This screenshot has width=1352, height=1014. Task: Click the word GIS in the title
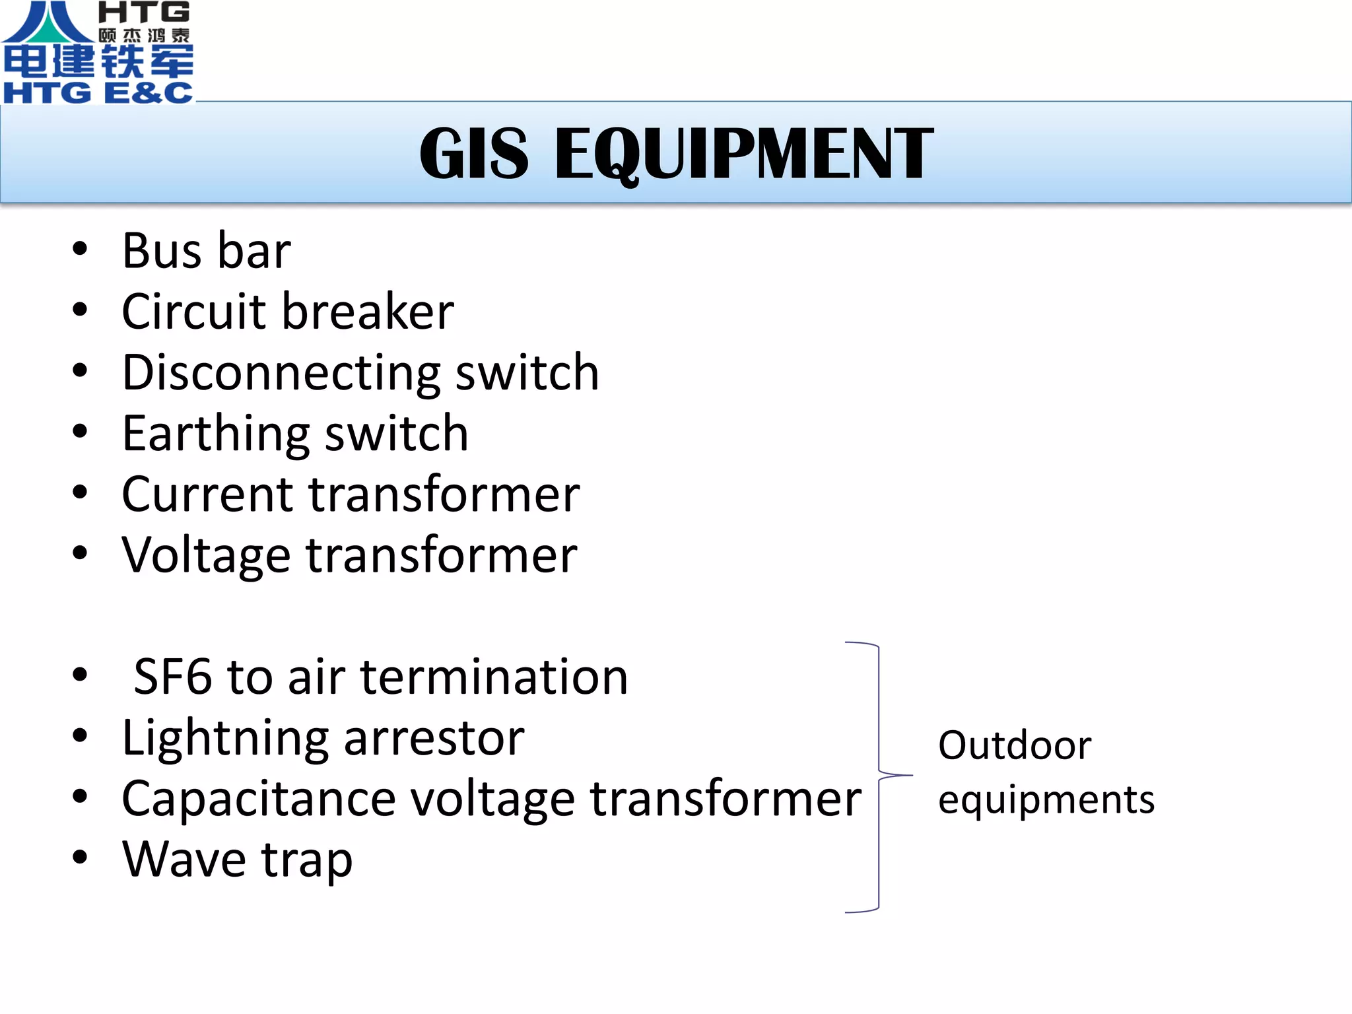coord(473,154)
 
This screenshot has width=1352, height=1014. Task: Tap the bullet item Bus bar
coord(206,252)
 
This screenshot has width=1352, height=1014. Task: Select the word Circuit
coord(193,312)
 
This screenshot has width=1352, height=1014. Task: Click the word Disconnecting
coord(281,373)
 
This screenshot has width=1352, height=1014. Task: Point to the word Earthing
coord(215,434)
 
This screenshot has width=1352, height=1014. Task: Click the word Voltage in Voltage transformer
coord(206,556)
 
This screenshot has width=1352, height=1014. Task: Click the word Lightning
coord(225,739)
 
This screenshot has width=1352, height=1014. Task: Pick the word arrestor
coord(434,739)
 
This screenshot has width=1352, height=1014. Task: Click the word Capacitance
coord(258,799)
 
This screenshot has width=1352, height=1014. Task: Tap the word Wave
coord(184,860)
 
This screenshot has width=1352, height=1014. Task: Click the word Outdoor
coord(1015,746)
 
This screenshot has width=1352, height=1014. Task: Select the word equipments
coord(1046,801)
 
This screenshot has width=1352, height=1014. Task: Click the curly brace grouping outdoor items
coord(879,776)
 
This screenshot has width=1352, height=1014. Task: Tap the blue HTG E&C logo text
coord(98,92)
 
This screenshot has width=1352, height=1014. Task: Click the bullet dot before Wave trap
coord(80,857)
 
